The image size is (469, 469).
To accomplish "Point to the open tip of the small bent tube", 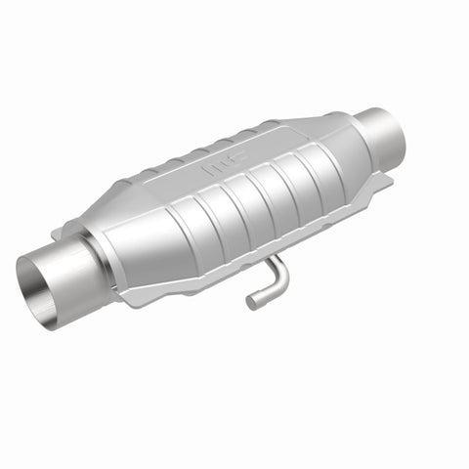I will pos(251,303).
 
